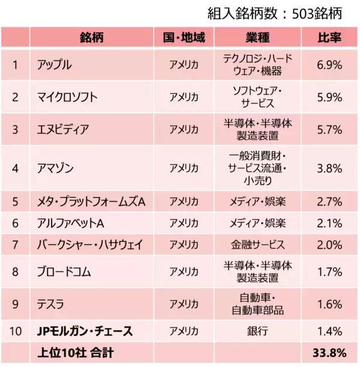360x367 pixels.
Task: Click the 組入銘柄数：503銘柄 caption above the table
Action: [x=280, y=13]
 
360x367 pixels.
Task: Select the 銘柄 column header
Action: [x=91, y=38]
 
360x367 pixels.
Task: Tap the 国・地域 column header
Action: [x=184, y=38]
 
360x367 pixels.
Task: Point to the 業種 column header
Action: [x=257, y=38]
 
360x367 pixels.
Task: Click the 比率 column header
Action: [x=329, y=38]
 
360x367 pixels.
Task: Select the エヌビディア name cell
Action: [x=63, y=129]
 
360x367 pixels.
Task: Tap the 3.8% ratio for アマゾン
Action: [x=329, y=168]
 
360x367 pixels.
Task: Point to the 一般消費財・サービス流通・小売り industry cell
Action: [x=257, y=168]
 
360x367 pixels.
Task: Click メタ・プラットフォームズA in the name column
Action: [x=91, y=201]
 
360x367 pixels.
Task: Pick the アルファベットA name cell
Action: [x=71, y=223]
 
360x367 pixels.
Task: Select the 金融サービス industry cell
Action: [x=257, y=244]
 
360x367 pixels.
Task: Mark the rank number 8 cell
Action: [x=15, y=271]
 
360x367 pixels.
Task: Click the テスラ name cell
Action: [x=50, y=305]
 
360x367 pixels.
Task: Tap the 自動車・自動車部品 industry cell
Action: [x=257, y=305]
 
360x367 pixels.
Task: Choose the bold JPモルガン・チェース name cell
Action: [x=85, y=331]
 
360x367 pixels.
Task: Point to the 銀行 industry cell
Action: [x=257, y=331]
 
